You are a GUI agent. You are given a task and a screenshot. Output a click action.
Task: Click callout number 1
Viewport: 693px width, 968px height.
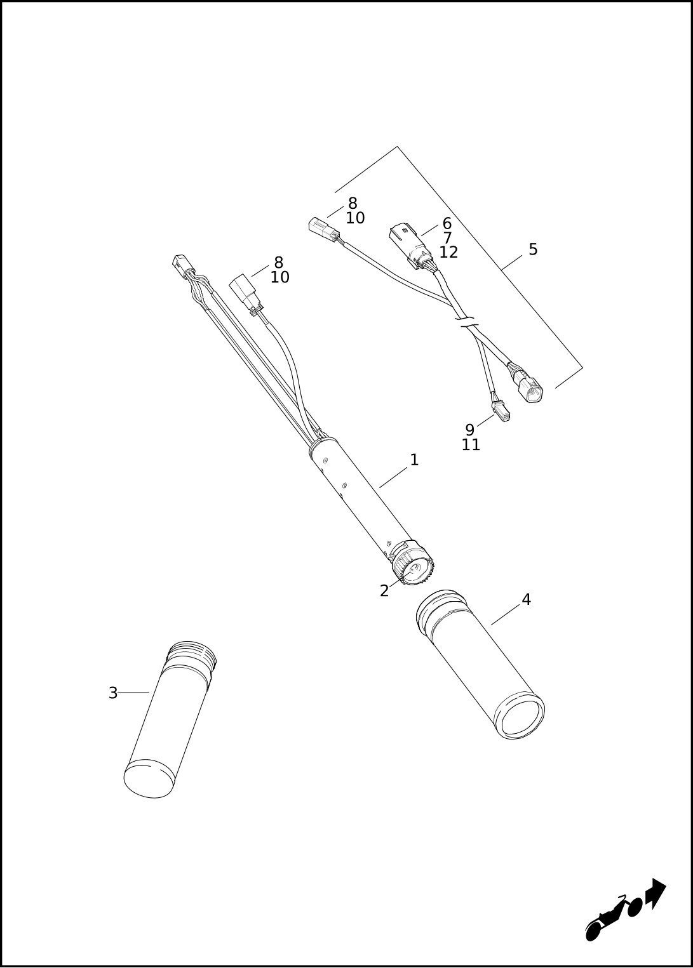pos(414,460)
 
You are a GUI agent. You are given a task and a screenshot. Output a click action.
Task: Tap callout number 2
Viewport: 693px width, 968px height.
pos(384,591)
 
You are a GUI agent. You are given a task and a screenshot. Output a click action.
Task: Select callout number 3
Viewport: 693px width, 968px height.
pos(113,693)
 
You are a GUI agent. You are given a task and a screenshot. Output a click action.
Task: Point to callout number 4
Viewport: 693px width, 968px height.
pos(526,599)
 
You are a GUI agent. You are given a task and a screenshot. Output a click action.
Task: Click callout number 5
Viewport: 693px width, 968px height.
pos(533,249)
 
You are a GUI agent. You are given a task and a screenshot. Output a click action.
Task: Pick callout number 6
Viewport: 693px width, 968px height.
pos(447,223)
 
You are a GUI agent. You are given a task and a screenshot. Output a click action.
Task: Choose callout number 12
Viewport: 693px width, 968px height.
pos(448,253)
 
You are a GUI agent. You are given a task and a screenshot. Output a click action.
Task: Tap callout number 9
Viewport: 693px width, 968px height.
pos(470,430)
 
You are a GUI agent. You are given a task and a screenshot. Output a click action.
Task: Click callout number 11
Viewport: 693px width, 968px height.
pos(471,445)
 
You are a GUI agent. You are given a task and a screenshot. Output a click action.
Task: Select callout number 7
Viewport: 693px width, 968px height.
pos(447,237)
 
